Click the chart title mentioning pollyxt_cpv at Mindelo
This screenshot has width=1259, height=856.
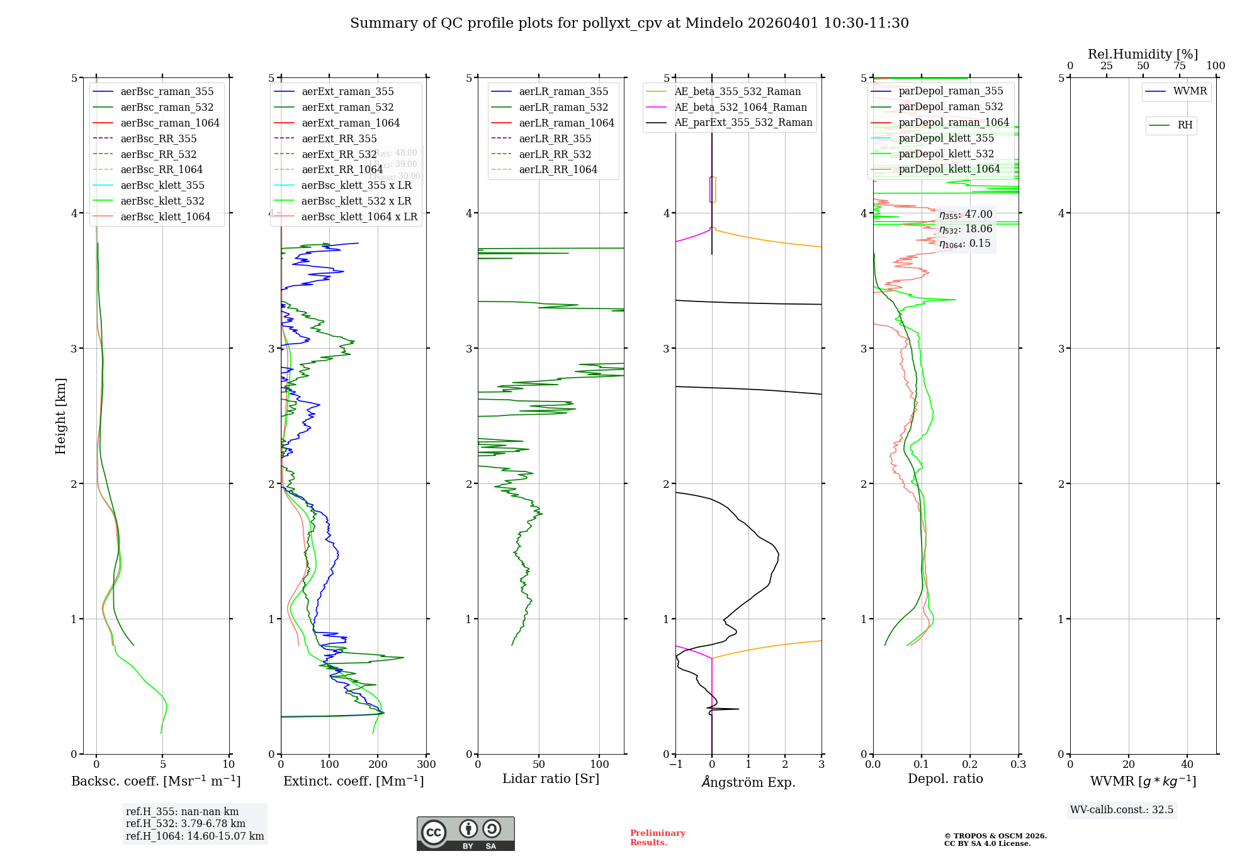pos(629,23)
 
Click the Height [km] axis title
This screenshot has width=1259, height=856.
pos(60,416)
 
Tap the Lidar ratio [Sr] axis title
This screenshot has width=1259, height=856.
pos(551,779)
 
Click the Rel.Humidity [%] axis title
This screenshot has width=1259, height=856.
pos(1143,54)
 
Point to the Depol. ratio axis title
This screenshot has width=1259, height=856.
pos(945,779)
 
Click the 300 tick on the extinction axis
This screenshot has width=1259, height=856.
pos(426,765)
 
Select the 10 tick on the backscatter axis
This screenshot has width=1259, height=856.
pos(229,765)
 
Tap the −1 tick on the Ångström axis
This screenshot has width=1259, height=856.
pos(675,765)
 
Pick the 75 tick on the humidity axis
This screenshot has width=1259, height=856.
pos(1179,66)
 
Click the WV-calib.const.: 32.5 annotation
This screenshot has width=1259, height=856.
pos(1121,809)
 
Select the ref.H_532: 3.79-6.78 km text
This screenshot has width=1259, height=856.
pos(185,823)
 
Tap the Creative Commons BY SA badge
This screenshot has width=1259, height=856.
pos(465,834)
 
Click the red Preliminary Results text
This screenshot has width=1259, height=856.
pos(657,838)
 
